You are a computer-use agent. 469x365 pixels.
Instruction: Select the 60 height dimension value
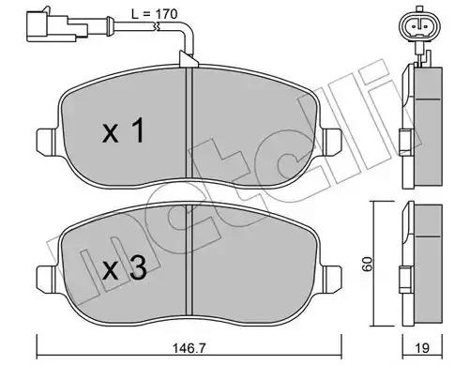(369, 264)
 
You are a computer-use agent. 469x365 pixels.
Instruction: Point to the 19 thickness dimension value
(422, 348)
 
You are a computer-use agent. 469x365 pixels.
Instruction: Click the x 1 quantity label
(123, 130)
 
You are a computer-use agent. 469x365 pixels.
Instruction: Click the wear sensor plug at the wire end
(57, 26)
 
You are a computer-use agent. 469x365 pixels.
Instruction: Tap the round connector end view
(420, 26)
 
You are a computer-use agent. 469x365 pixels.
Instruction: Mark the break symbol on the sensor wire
(156, 26)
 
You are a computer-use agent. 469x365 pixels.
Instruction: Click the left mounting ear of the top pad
(47, 141)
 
